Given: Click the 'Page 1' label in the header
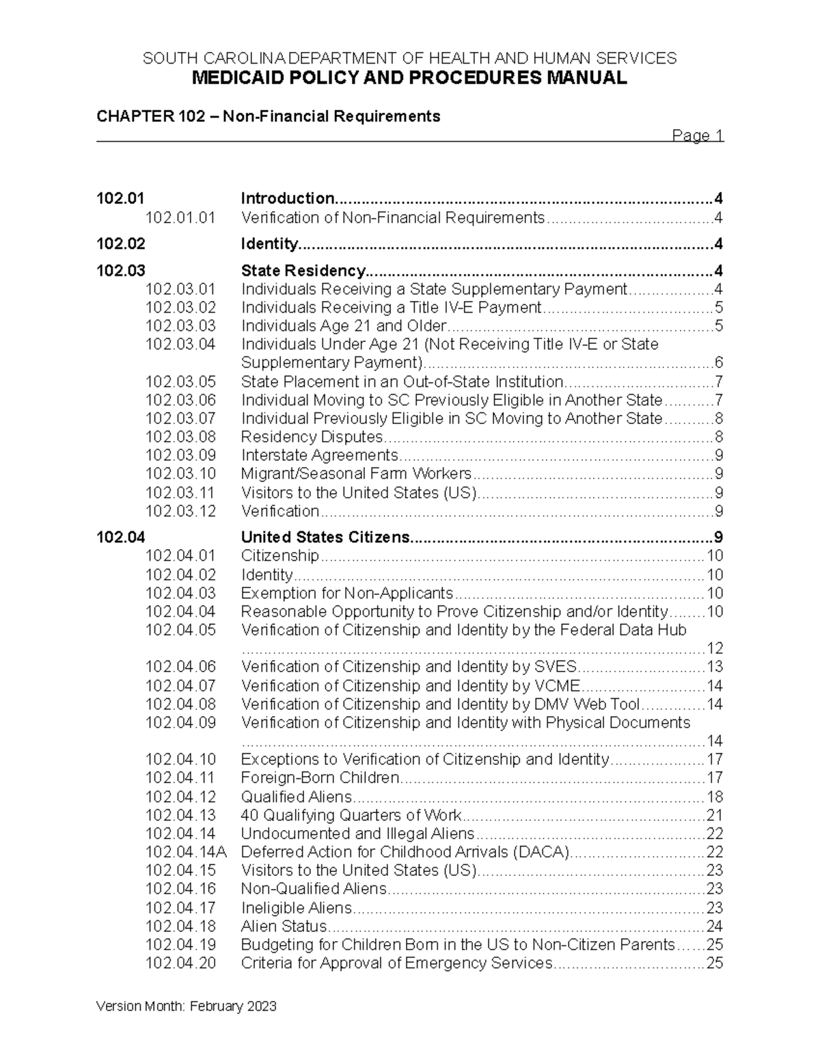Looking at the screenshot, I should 697,135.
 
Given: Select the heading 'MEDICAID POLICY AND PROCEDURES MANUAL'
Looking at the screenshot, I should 409,78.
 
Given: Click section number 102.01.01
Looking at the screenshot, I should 180,217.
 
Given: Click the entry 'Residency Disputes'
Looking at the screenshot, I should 312,437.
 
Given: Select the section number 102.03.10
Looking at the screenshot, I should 180,474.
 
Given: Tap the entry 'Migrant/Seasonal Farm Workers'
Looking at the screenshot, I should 356,474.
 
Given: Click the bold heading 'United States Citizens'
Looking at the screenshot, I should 325,537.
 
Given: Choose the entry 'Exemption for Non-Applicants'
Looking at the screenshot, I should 347,593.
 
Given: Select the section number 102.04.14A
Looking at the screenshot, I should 186,852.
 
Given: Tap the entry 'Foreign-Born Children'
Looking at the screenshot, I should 320,778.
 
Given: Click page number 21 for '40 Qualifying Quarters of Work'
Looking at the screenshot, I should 714,815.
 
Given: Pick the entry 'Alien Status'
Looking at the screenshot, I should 284,927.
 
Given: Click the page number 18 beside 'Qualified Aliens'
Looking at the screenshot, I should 714,797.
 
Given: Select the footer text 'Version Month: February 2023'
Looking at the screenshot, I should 187,1006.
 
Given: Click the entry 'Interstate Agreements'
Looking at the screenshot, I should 319,455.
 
